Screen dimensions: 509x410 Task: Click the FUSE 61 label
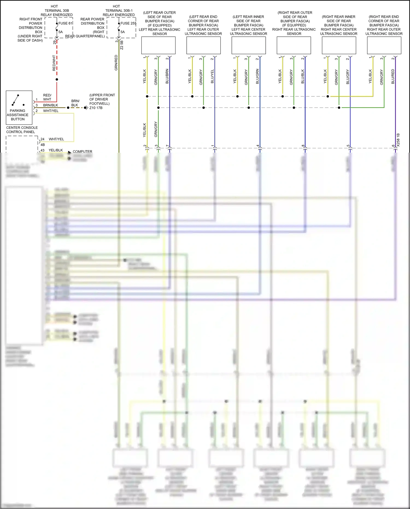[x=65, y=23]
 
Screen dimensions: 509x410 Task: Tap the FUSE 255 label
[x=128, y=23]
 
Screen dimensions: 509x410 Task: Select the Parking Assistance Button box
[x=19, y=107]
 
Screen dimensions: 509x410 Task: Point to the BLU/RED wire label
[x=393, y=77]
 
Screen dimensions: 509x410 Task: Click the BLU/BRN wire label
[x=167, y=76]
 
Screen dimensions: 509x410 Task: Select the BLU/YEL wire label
[x=212, y=76]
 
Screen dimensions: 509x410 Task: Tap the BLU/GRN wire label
[x=257, y=76]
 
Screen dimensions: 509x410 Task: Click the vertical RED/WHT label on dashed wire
[x=54, y=63]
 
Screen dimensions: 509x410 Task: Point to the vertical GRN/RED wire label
[x=116, y=63]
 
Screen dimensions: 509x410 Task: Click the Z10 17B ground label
[x=96, y=108]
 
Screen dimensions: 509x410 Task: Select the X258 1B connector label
[x=398, y=140]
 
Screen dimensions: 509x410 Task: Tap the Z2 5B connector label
[x=122, y=45]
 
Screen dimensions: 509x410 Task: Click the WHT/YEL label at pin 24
[x=56, y=139]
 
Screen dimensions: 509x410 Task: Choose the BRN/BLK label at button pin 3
[x=51, y=105]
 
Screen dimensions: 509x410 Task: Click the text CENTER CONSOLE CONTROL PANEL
[x=22, y=130]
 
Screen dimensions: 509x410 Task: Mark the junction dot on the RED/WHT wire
[x=57, y=80]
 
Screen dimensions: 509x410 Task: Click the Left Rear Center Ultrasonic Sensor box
[x=248, y=45]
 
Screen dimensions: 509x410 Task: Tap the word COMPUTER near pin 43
[x=82, y=152]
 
